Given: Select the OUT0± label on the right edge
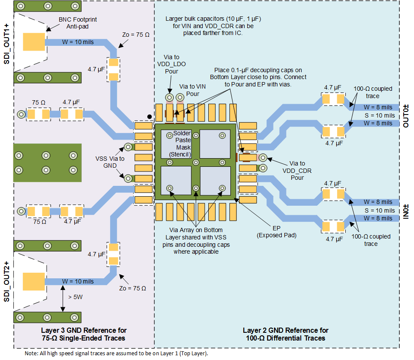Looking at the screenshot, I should (x=406, y=116).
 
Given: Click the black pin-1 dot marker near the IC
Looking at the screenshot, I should (x=149, y=116).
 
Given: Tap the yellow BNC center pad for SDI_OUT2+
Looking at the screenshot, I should (x=33, y=281).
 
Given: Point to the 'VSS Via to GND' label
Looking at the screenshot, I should (x=110, y=162).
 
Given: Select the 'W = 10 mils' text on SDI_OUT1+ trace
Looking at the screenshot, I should (x=78, y=42).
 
